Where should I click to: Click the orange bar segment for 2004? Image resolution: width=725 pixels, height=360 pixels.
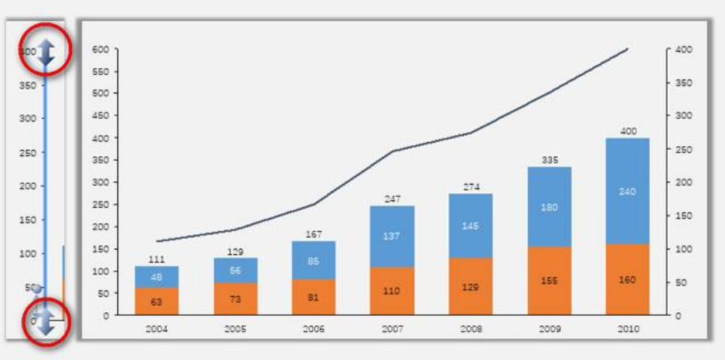click(x=156, y=301)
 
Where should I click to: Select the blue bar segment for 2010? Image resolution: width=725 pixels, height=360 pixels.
click(x=627, y=192)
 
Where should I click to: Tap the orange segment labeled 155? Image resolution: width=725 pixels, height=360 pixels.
click(x=550, y=280)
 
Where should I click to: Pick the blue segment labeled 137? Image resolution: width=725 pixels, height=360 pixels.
click(x=391, y=236)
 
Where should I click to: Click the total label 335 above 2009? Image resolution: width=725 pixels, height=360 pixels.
click(x=550, y=160)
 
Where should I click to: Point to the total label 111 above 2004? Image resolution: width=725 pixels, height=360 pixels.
click(x=156, y=260)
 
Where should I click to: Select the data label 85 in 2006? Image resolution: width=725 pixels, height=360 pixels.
click(x=313, y=260)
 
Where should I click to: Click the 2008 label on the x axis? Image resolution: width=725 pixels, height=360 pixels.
click(x=470, y=328)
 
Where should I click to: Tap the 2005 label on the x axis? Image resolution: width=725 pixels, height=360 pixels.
click(x=235, y=328)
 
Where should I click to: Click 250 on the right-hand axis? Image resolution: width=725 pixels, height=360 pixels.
click(x=682, y=149)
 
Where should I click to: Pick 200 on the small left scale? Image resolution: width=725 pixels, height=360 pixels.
click(x=28, y=186)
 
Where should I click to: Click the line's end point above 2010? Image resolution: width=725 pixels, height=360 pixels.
click(x=627, y=49)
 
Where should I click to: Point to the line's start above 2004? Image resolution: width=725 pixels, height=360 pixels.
click(x=156, y=241)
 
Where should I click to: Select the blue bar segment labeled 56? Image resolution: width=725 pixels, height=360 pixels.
click(x=235, y=270)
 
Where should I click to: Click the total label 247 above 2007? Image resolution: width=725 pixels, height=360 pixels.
click(x=391, y=199)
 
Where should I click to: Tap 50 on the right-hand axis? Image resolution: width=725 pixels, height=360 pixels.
click(x=679, y=283)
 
